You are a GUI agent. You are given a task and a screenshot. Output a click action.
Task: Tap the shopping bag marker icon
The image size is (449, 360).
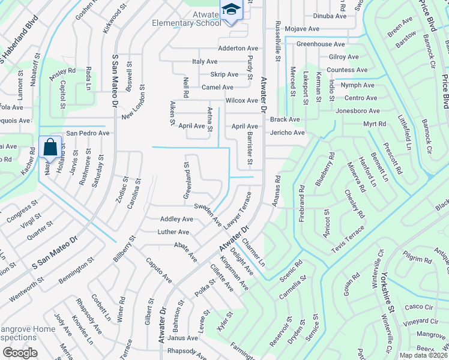tap(51, 147)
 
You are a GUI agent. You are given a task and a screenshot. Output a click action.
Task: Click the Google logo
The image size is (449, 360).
tap(20, 353)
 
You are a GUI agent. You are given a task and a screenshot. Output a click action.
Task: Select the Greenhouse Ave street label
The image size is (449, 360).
tap(321, 44)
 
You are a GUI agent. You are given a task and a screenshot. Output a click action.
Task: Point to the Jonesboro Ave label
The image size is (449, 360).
tap(358, 111)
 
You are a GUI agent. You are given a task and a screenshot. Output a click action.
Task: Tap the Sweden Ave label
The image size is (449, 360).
tap(207, 212)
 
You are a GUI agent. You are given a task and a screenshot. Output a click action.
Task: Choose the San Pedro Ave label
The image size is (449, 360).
tap(88, 133)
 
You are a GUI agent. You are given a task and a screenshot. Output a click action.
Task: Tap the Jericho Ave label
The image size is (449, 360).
tap(288, 133)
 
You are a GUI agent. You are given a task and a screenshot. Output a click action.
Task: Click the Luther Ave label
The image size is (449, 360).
tap(173, 232)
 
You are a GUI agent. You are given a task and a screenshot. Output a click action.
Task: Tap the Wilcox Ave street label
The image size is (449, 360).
tap(241, 100)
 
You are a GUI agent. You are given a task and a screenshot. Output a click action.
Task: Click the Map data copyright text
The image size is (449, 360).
tap(423, 355)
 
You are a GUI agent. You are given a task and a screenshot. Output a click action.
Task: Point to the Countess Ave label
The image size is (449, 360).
tap(347, 70)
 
